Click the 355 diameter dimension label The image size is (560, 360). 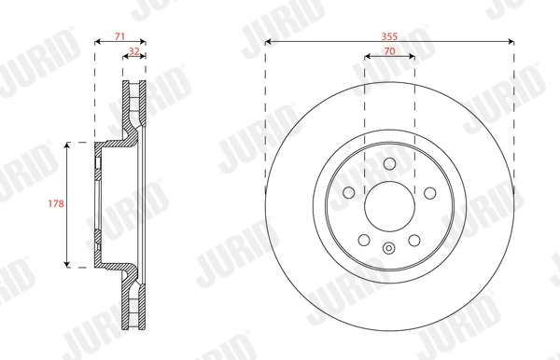[x=389, y=35]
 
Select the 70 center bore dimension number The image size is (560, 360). [x=389, y=49]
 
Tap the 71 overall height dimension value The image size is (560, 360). [x=119, y=35]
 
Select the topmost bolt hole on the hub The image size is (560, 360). [x=389, y=163]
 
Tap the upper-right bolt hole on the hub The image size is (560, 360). [x=429, y=192]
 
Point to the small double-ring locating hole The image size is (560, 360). [x=389, y=247]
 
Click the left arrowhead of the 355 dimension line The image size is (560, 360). [x=269, y=42]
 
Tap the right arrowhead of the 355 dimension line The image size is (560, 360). [x=510, y=42]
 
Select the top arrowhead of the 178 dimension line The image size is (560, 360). [x=68, y=146]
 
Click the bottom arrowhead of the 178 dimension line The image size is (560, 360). [x=68, y=265]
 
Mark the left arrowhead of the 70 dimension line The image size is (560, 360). [x=367, y=57]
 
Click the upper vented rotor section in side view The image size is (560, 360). [x=133, y=107]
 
